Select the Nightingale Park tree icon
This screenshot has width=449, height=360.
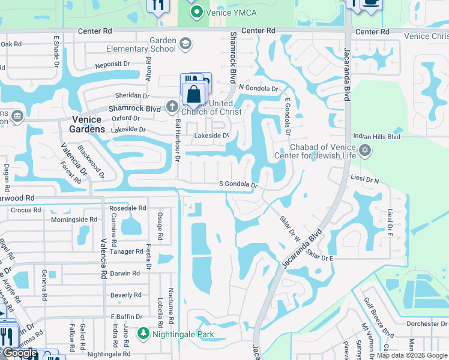click(x=143, y=333)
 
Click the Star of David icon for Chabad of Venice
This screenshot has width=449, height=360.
click(x=364, y=152)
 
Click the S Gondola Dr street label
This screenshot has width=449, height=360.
click(x=238, y=185)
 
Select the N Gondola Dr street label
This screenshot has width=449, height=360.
click(x=259, y=88)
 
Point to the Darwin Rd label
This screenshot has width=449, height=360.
click(x=125, y=273)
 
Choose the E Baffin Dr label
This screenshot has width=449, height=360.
click(x=127, y=317)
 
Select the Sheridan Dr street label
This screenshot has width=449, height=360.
click(x=129, y=95)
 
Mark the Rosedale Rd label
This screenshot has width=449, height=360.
click(x=127, y=208)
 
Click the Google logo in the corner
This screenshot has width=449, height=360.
click(x=20, y=353)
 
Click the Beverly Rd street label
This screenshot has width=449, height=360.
click(x=126, y=295)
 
